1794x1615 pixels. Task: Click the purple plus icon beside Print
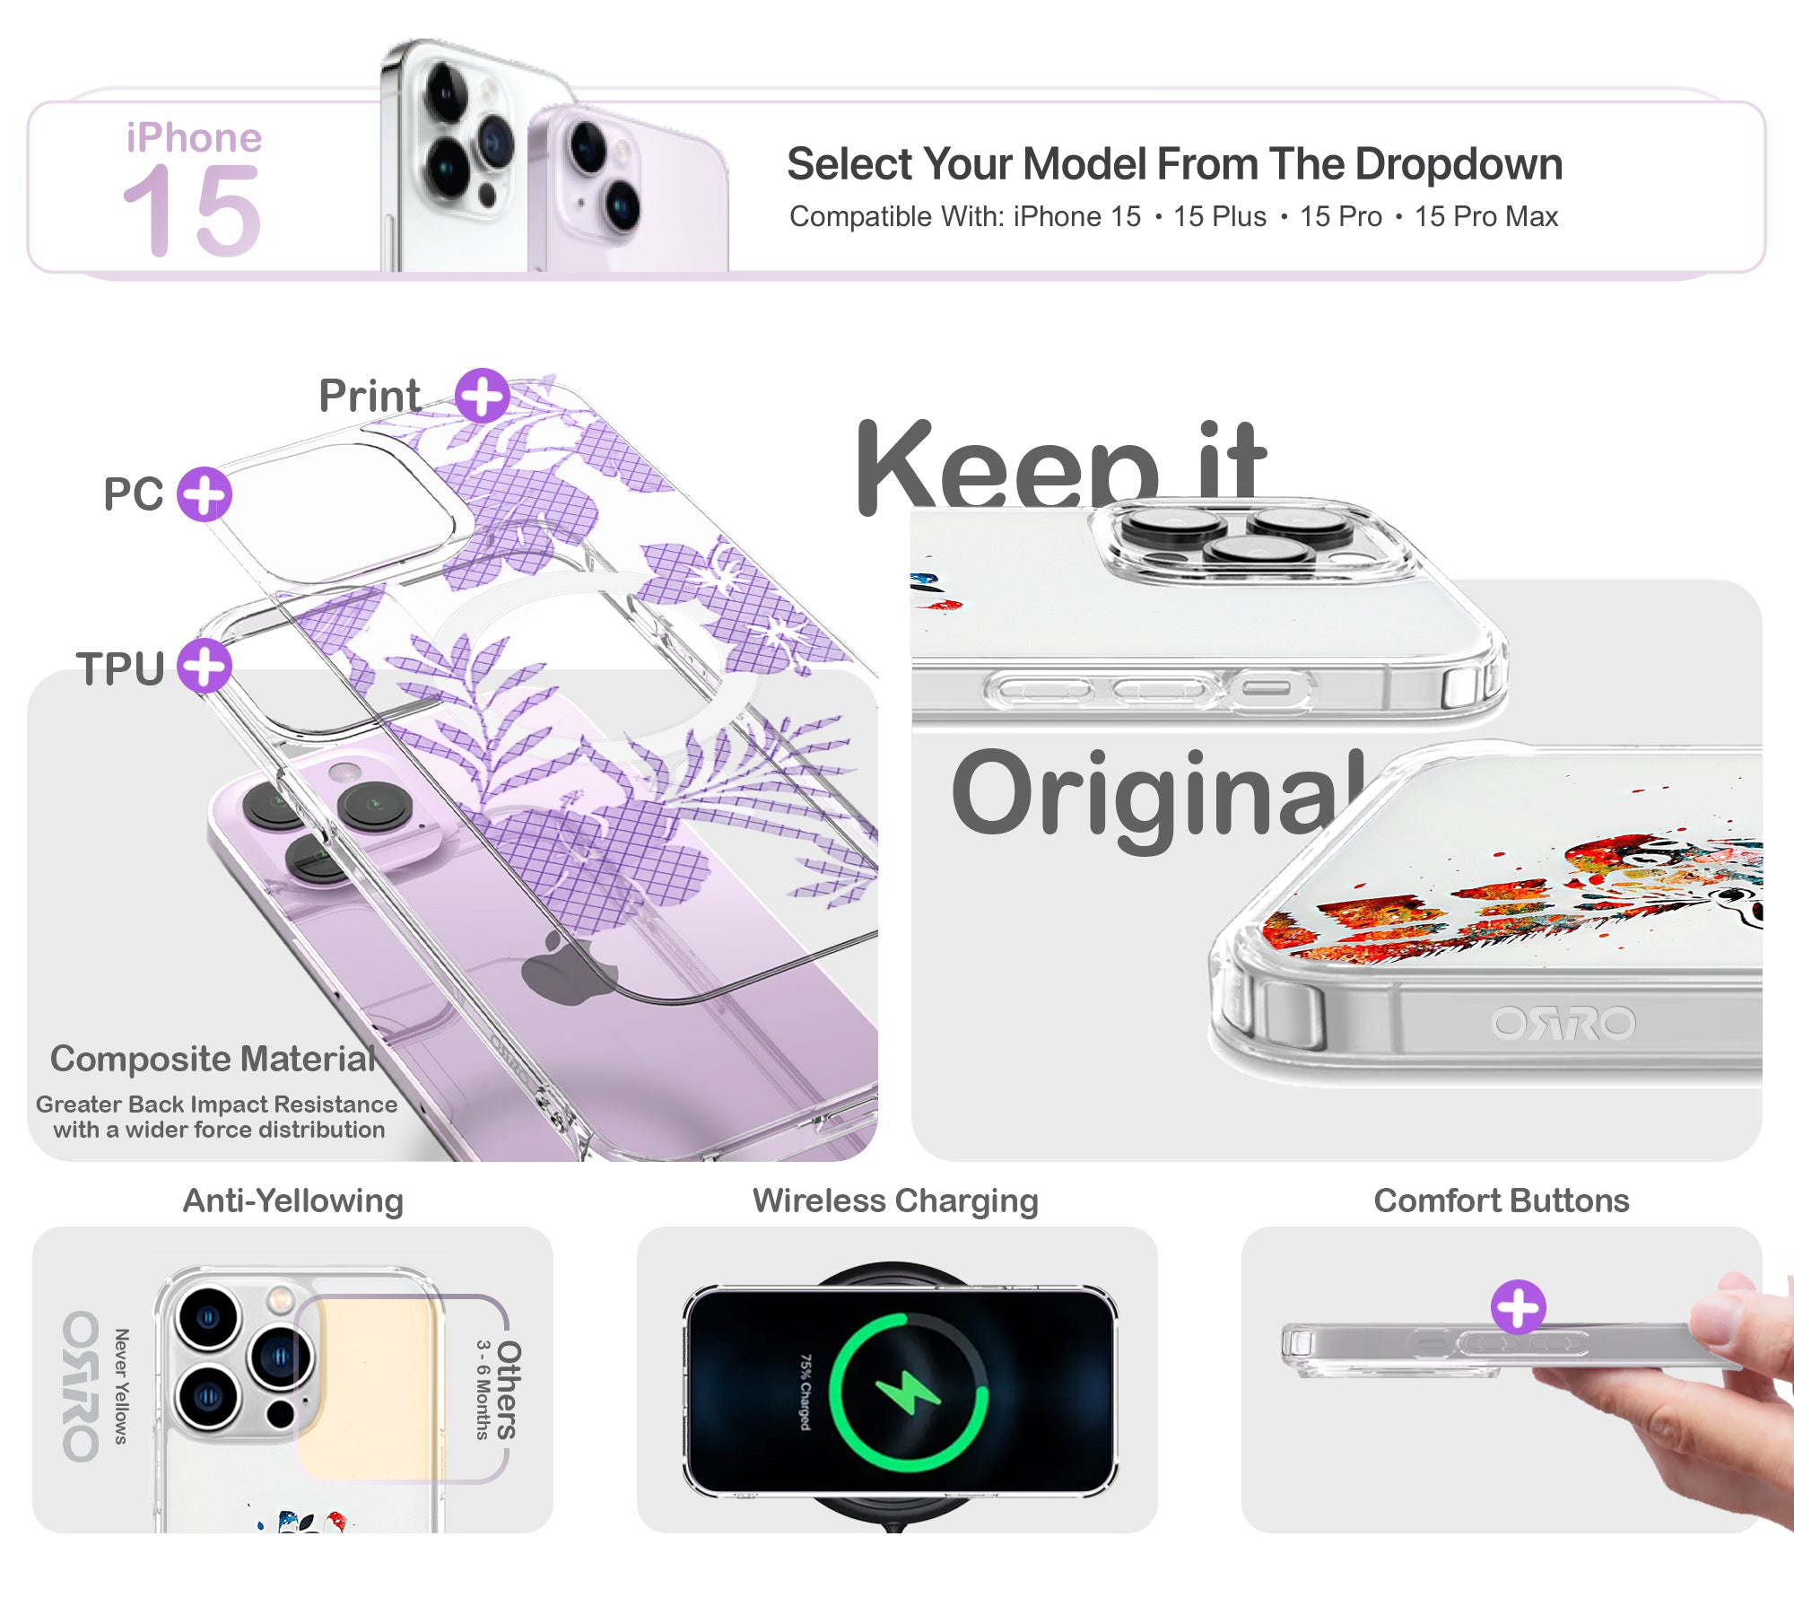click(x=483, y=396)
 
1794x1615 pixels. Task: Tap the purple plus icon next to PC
click(x=205, y=494)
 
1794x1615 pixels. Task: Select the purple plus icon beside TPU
click(x=205, y=666)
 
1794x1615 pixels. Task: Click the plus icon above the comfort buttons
click(x=1519, y=1307)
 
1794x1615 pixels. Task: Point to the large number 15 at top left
click(x=192, y=211)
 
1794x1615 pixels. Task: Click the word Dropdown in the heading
click(x=1459, y=165)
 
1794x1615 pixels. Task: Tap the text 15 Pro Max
click(x=1486, y=217)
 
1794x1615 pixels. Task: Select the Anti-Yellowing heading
click(x=293, y=1201)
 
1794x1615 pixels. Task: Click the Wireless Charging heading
click(x=895, y=1201)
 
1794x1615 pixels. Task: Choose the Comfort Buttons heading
click(x=1502, y=1200)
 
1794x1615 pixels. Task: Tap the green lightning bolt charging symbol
click(x=908, y=1392)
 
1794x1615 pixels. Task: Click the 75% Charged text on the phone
click(x=806, y=1392)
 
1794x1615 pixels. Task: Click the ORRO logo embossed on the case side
click(x=1563, y=1024)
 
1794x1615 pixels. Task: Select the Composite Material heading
click(x=213, y=1060)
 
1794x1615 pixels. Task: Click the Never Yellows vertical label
click(x=121, y=1386)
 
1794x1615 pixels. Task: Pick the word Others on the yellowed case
click(x=509, y=1390)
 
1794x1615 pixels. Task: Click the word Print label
click(x=370, y=396)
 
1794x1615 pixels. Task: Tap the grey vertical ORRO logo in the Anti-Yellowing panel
click(x=81, y=1386)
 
